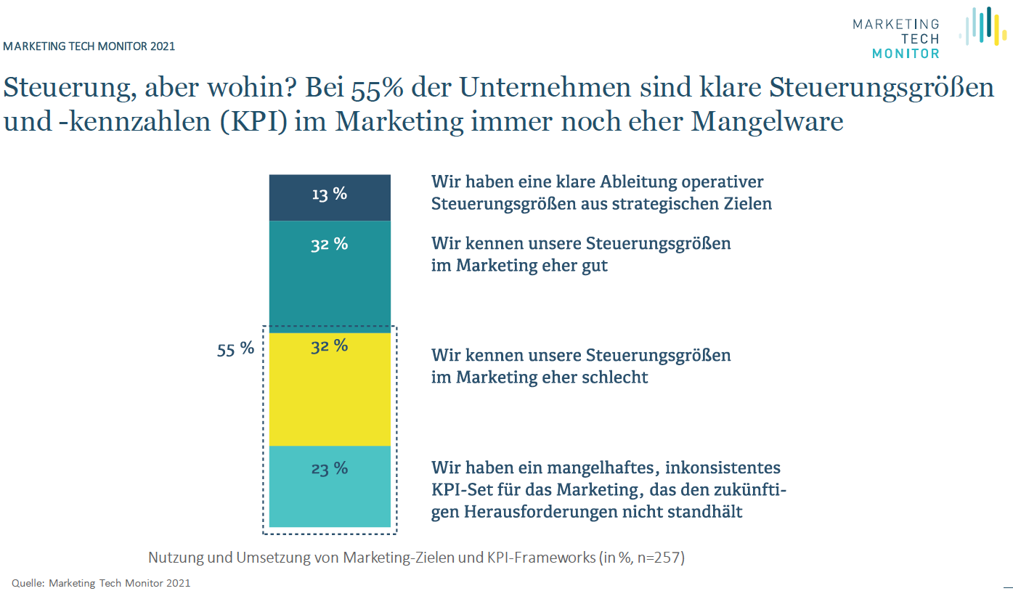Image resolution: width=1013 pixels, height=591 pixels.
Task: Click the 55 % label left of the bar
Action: click(x=236, y=349)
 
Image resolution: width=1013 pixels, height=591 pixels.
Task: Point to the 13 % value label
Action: click(x=330, y=194)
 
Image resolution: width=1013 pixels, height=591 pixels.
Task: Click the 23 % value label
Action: click(x=330, y=469)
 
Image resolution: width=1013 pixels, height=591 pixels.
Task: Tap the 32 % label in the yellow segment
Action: click(x=330, y=346)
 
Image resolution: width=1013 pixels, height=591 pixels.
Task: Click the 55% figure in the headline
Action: click(x=375, y=88)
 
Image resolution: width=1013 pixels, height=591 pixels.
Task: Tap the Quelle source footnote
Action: click(x=101, y=583)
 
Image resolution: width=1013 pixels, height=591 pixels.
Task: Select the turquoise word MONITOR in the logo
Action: click(x=905, y=53)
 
